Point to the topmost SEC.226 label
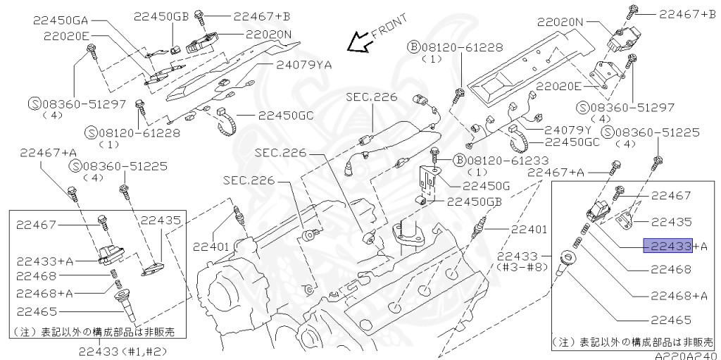coord(370,97)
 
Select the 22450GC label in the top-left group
coord(285,116)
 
